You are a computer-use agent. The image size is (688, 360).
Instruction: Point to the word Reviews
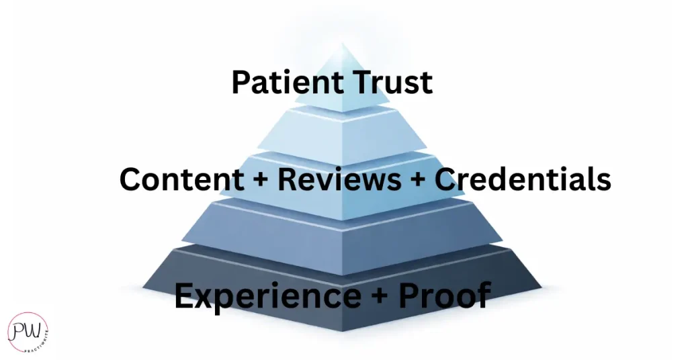tap(345, 179)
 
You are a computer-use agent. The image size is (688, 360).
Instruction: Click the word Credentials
tap(523, 179)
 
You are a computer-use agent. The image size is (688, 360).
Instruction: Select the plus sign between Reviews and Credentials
tap(422, 180)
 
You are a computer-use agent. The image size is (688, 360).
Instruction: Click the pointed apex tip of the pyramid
tap(343, 44)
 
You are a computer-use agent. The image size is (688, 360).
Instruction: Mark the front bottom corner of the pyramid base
tap(343, 330)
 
